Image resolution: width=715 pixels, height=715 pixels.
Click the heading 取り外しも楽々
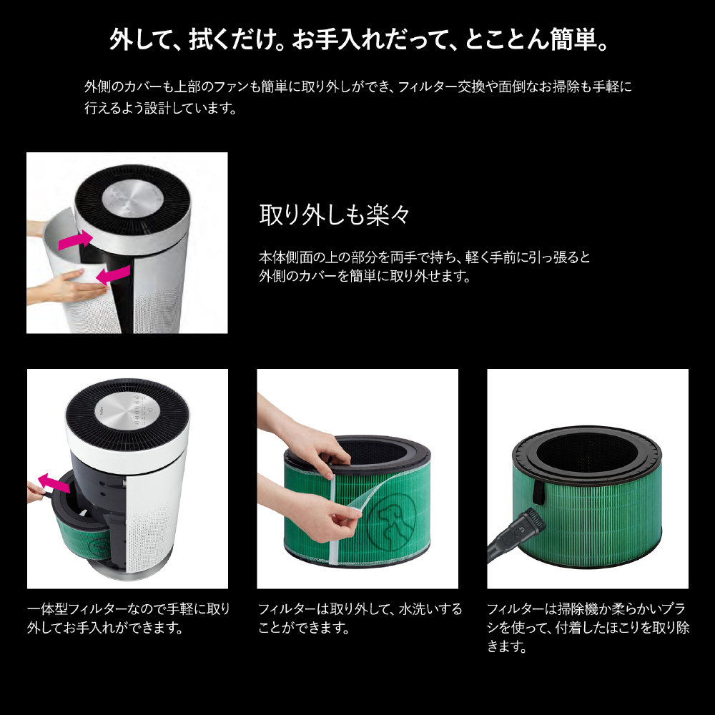[x=335, y=214]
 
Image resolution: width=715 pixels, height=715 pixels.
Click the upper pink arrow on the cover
[x=76, y=240]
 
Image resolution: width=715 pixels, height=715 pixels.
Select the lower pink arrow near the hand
[x=113, y=275]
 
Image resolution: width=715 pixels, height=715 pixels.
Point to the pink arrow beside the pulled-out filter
[x=54, y=483]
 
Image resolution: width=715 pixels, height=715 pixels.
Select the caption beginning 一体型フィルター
[x=129, y=618]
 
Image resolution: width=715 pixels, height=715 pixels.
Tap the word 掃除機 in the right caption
[x=578, y=609]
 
